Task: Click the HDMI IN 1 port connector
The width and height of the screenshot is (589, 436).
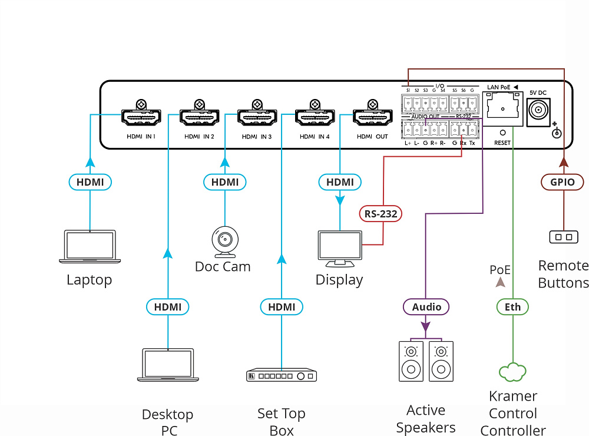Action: [141, 117]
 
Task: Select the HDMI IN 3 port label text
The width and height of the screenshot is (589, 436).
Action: [257, 137]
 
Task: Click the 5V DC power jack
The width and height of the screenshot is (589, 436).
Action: [538, 110]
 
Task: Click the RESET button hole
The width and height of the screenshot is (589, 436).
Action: [502, 133]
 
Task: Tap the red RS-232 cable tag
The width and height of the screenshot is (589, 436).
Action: [380, 214]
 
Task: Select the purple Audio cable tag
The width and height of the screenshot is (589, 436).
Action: [426, 307]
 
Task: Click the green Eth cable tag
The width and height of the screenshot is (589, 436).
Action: [512, 307]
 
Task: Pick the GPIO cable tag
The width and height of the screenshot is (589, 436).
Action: [562, 182]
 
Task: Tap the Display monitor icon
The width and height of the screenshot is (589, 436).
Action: [340, 248]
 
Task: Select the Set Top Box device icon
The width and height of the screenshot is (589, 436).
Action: [282, 375]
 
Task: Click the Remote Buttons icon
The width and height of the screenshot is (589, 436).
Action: [562, 237]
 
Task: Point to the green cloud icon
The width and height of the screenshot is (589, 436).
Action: [512, 372]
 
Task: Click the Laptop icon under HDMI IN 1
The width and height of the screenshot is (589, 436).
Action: [90, 247]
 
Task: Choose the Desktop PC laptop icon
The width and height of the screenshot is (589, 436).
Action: [168, 365]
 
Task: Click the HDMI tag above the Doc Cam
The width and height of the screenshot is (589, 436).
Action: [225, 182]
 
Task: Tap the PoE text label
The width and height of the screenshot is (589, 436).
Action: [500, 270]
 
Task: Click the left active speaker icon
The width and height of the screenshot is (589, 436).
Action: [411, 361]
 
